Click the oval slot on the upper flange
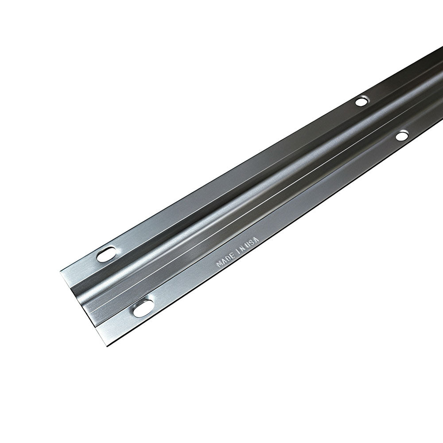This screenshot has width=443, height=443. [x=106, y=254]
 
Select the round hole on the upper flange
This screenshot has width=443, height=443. [x=361, y=101]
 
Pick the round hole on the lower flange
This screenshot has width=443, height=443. [x=402, y=136]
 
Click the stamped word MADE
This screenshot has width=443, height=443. [x=224, y=260]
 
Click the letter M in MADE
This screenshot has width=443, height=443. [x=219, y=264]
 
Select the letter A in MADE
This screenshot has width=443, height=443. [x=223, y=261]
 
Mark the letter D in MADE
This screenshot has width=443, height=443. [x=227, y=258]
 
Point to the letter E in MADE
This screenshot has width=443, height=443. [x=231, y=256]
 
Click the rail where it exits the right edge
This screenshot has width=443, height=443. [x=441, y=66]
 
